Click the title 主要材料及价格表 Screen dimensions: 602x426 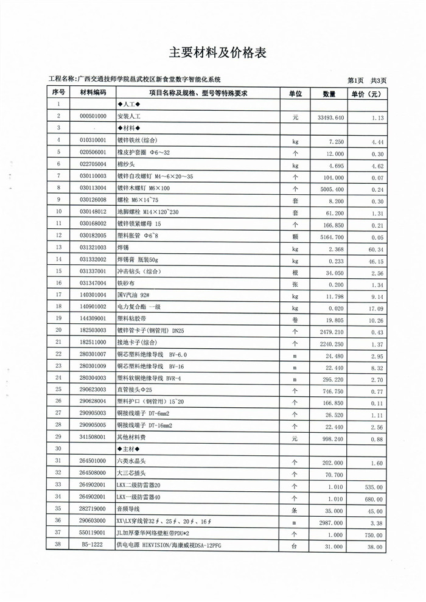(x=217, y=53)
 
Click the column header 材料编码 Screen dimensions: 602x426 (x=93, y=93)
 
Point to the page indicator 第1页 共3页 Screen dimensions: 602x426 (x=366, y=80)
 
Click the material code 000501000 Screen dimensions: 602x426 (x=93, y=116)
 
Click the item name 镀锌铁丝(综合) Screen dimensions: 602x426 (x=137, y=141)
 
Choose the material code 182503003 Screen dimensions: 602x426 (x=93, y=331)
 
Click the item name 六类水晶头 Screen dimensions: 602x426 (x=132, y=461)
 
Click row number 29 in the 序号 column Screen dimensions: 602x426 (x=58, y=437)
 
